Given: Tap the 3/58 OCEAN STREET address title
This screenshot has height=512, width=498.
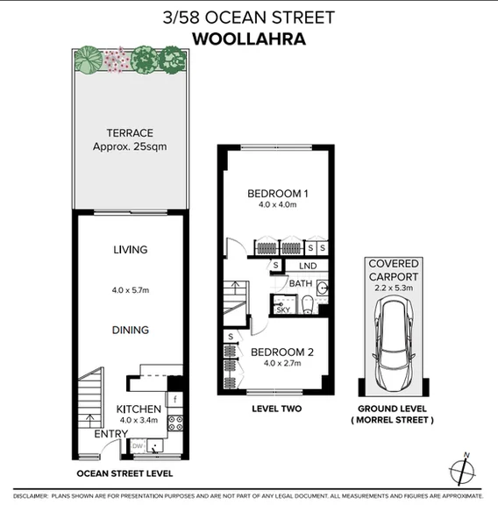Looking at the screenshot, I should click(x=249, y=16).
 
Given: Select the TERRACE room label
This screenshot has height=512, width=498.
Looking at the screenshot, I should click(x=129, y=133).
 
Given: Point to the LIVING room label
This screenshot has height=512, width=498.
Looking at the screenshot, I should click(x=130, y=250).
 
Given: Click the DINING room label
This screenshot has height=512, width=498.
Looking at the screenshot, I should click(x=130, y=330).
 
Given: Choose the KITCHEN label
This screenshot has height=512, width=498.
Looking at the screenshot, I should click(x=139, y=409).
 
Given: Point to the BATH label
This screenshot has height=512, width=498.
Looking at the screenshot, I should click(x=300, y=283).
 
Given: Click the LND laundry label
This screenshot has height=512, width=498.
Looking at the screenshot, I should click(x=307, y=266).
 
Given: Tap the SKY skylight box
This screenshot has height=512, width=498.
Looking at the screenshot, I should click(x=282, y=309).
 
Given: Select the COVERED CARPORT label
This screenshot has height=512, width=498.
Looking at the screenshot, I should click(x=394, y=269).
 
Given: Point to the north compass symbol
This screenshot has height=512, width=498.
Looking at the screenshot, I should click(x=465, y=471).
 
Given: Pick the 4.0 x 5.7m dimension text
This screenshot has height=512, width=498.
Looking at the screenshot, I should click(x=130, y=289).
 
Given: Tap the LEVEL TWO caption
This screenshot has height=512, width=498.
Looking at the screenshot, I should click(x=274, y=409).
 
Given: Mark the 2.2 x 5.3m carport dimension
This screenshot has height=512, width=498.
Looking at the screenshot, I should click(x=394, y=287).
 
